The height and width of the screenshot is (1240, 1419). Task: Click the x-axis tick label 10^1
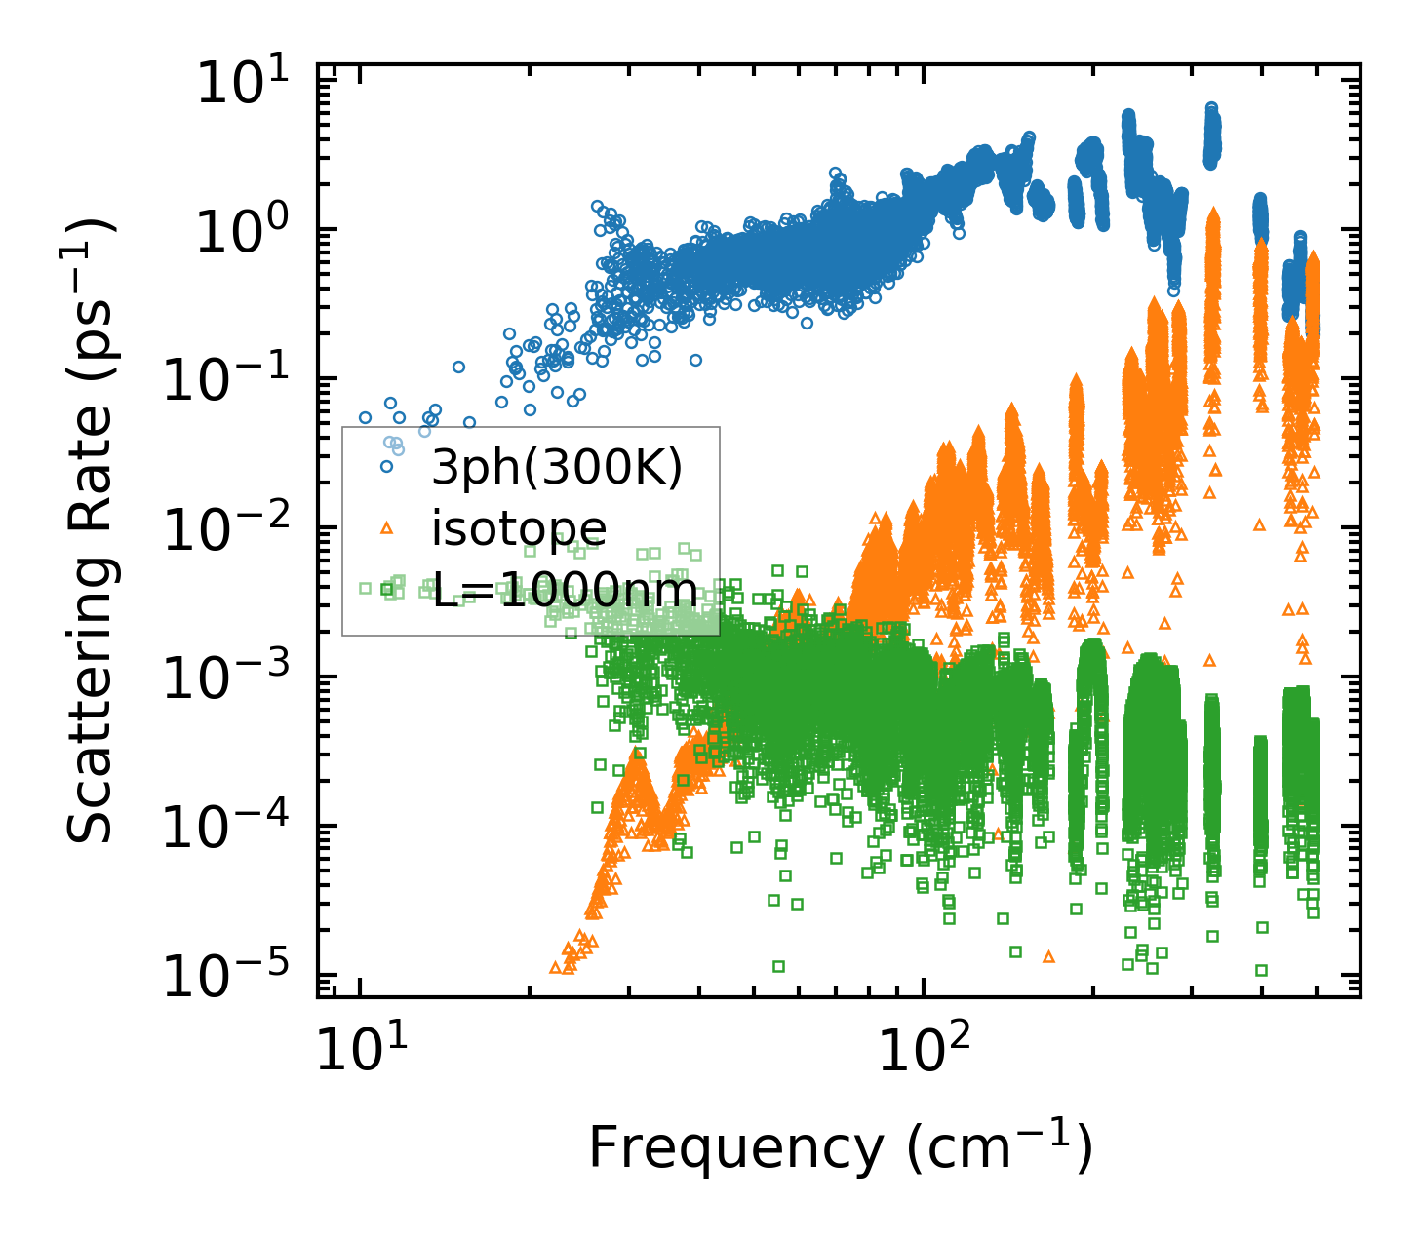(x=359, y=1052)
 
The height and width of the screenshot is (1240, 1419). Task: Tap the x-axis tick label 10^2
(x=923, y=1052)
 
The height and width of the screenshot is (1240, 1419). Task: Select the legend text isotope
(x=519, y=528)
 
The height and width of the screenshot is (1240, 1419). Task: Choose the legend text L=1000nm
(x=565, y=590)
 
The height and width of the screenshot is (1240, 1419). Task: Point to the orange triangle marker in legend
(x=387, y=527)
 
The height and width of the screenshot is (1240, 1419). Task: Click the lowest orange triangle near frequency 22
(x=556, y=968)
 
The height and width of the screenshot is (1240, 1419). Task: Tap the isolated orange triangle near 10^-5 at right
(x=1049, y=956)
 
